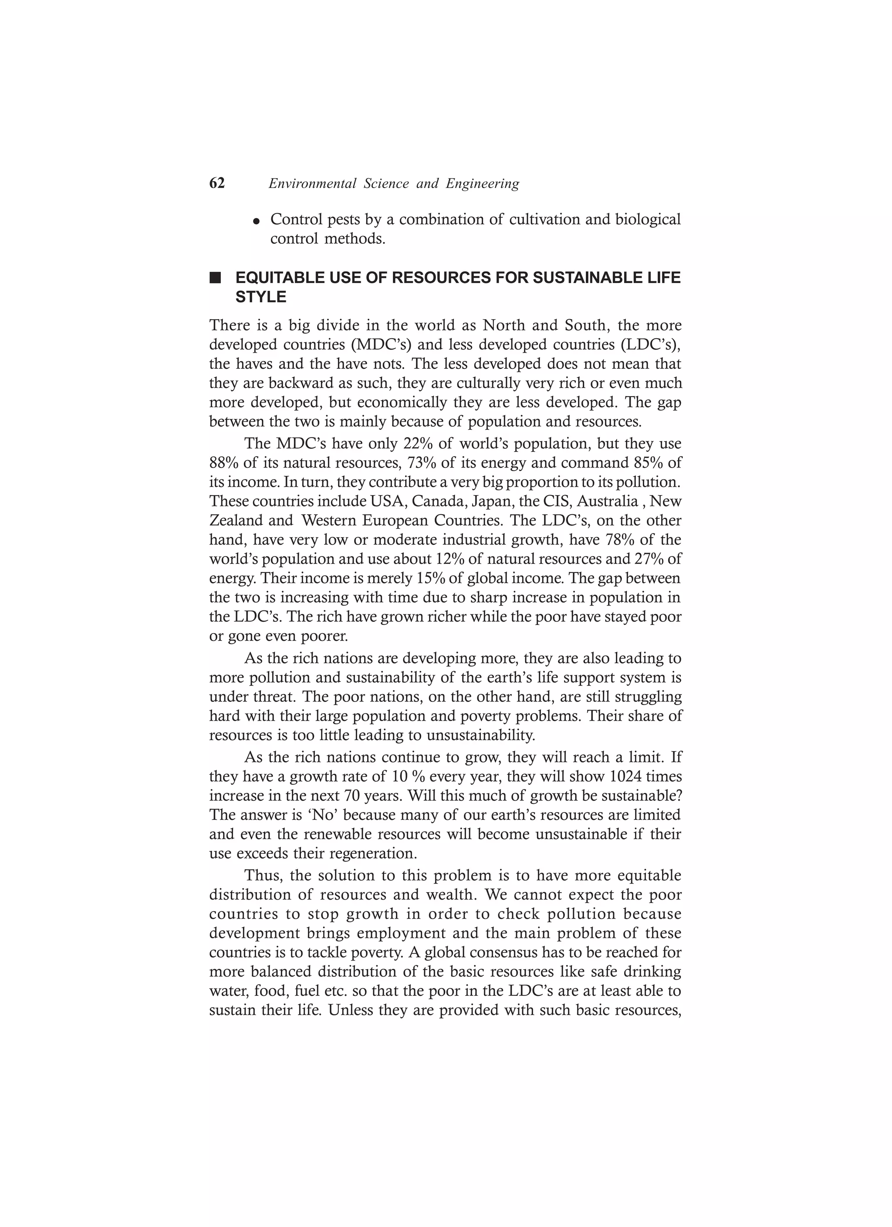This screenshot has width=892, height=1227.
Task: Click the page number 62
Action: coord(216,183)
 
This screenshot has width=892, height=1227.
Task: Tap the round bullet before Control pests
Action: coord(257,222)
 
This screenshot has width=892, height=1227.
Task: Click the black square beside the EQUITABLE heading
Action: coord(216,279)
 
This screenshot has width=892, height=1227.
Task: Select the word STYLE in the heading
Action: coord(261,297)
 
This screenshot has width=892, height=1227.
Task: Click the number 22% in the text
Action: coord(419,443)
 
